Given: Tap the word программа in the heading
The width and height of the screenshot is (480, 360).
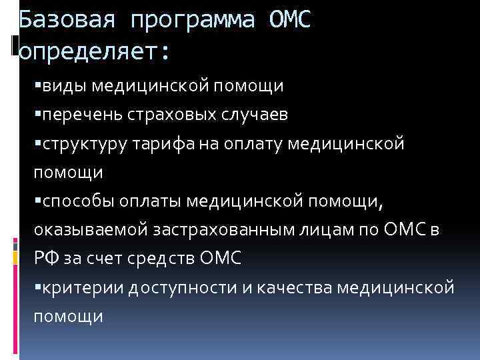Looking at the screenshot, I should [x=193, y=21].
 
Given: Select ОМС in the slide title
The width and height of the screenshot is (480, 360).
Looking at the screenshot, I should [x=290, y=21].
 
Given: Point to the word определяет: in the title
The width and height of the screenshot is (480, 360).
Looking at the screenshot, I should [x=95, y=51].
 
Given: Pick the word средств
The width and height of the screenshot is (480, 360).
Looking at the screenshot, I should [x=161, y=259].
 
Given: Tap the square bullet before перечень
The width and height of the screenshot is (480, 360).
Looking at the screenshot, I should [x=37, y=115].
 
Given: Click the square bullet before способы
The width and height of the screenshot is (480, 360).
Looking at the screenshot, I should [x=37, y=201].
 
